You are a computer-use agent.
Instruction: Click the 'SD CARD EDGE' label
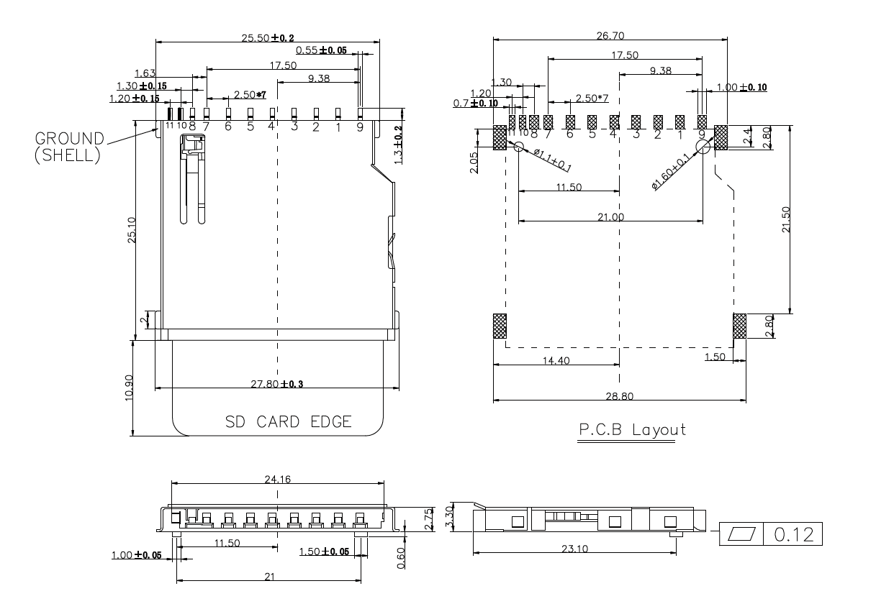pyautogui.click(x=289, y=422)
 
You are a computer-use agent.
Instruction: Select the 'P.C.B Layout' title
pyautogui.click(x=632, y=430)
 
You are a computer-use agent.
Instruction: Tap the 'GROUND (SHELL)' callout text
pyautogui.click(x=68, y=146)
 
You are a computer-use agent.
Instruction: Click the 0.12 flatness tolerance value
pyautogui.click(x=793, y=535)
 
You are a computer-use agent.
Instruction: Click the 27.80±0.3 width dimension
pyautogui.click(x=277, y=383)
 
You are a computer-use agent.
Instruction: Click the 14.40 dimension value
pyautogui.click(x=554, y=360)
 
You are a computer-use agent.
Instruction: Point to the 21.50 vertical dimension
pyautogui.click(x=785, y=220)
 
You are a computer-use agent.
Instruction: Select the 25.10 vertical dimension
pyautogui.click(x=131, y=230)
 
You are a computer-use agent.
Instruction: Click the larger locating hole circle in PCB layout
pyautogui.click(x=703, y=146)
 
